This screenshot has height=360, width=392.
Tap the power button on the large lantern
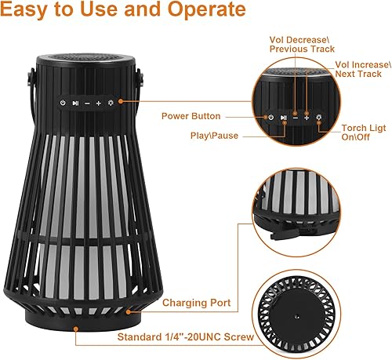(61, 103)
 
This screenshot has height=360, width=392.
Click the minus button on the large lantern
(87, 103)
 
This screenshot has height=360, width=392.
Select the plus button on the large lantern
(99, 103)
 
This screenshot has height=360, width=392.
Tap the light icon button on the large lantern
(111, 103)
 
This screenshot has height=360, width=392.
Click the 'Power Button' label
(191, 116)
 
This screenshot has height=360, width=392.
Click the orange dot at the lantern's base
(76, 327)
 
